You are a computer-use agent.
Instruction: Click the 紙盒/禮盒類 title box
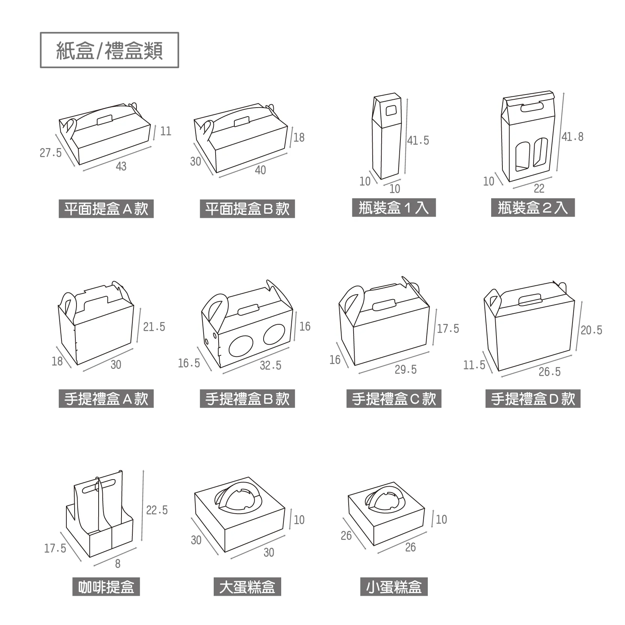pos(109,50)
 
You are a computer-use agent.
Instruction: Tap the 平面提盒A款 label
pos(106,209)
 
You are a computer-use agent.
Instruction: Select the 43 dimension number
pos(121,166)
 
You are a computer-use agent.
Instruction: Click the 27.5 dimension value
pos(51,153)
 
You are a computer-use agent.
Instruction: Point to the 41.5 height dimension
pos(418,141)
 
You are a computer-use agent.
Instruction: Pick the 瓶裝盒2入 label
pos(533,208)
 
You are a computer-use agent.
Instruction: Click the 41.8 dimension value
pos(573,137)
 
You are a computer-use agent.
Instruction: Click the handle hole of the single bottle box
pos(391,110)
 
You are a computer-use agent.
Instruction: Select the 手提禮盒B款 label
pos(247,399)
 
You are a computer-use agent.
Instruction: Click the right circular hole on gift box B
pos(274,335)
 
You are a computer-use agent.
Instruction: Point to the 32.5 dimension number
pos(270,365)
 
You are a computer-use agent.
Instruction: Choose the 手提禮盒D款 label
pos(533,399)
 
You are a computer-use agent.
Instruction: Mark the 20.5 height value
pos(591,330)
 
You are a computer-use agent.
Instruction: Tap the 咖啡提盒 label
pos(106,587)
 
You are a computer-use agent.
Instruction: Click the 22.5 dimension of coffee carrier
pos(157,510)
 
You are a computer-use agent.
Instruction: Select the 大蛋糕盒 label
pos(247,587)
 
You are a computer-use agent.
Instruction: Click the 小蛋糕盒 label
pos(394,587)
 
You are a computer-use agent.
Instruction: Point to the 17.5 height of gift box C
pos(448,329)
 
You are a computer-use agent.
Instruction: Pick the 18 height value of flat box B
pos(299,138)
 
